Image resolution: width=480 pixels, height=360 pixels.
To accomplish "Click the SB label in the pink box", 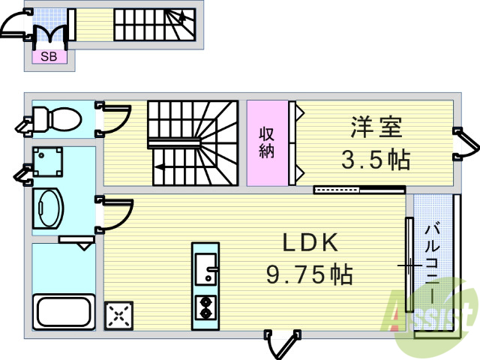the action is point(49,57).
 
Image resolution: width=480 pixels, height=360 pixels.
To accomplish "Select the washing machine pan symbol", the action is point(48,162).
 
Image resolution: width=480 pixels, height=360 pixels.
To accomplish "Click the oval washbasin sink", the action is point(48,208).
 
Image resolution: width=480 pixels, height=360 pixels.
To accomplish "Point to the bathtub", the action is point(64,312).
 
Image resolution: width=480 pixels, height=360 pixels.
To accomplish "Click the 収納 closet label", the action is point(267,142).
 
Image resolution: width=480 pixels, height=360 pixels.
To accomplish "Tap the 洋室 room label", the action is point(376,127).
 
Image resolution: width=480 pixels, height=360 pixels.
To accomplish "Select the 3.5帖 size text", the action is point(376,159).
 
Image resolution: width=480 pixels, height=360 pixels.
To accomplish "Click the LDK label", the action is point(310,242).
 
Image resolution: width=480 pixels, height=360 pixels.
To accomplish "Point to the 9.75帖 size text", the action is point(310,274).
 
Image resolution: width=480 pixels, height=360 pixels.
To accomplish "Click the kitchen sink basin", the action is point(206,269).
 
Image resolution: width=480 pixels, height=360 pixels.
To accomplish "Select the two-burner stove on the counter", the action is point(205,307).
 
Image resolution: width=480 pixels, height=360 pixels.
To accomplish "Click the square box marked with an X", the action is point(118,316).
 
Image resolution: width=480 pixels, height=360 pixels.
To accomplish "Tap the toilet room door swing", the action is point(114,119).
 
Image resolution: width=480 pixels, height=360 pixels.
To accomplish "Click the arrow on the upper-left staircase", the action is point(182,16).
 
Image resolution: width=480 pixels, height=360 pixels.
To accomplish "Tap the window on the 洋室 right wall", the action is point(466,144).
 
